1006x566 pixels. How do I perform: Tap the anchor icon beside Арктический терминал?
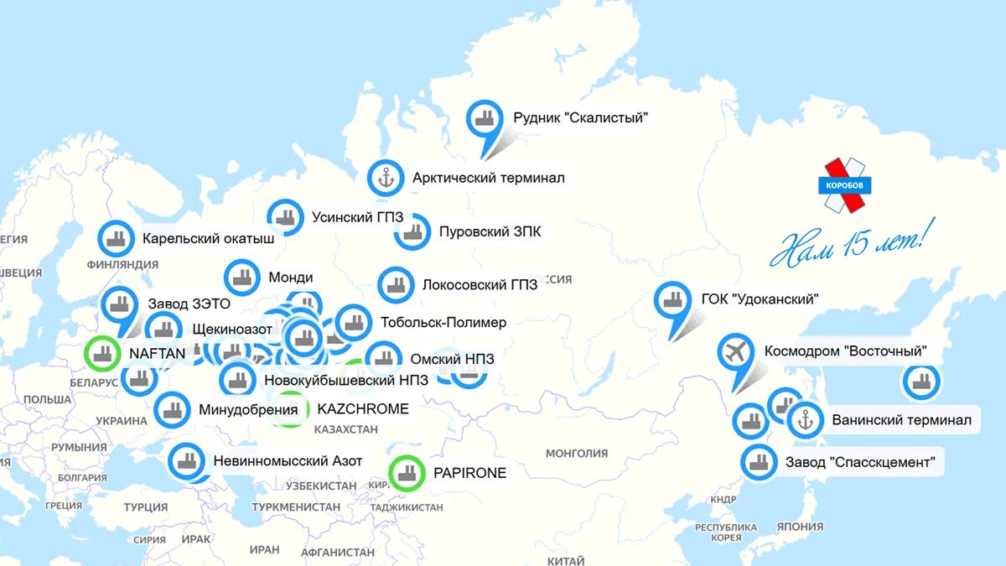(386, 178)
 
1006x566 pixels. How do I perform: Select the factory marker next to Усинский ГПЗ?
(286, 217)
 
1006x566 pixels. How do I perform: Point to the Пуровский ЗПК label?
(490, 231)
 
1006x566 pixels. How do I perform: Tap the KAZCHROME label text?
(363, 409)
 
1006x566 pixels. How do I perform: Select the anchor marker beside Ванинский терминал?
(806, 420)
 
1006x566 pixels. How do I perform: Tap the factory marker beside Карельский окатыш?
(116, 238)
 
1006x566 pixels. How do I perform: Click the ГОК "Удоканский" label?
(760, 299)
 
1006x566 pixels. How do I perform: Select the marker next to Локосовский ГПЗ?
(396, 285)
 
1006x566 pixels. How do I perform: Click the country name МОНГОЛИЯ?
(577, 454)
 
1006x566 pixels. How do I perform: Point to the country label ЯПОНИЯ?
(800, 527)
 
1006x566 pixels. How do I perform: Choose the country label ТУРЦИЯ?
(146, 507)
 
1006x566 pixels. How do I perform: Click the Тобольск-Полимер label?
(443, 322)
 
